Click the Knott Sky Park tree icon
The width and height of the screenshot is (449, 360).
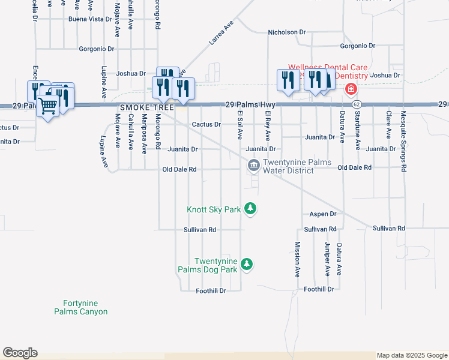coord(250,209)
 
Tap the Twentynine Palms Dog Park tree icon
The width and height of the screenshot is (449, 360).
coord(246,264)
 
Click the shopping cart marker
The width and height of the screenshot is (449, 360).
coord(48,106)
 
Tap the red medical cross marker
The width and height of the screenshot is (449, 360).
coord(351,89)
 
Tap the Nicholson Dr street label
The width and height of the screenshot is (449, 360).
coord(287,32)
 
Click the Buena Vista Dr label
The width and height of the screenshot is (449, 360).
coord(89,19)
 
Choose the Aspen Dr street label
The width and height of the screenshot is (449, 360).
coord(322,214)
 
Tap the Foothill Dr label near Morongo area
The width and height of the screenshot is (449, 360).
coord(210,290)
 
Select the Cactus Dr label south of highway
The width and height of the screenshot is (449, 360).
coord(206,124)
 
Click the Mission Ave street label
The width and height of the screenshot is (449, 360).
coord(297,259)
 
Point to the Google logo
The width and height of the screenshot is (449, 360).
coord(20,353)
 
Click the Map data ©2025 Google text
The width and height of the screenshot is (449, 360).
coord(412,356)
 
